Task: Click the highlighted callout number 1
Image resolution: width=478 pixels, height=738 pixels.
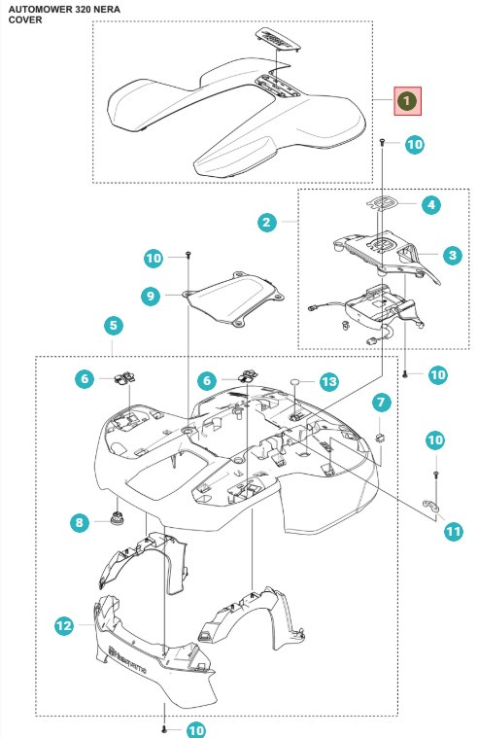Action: click(x=407, y=99)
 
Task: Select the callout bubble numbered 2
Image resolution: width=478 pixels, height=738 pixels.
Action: click(x=266, y=223)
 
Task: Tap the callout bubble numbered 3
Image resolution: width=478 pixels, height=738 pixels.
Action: click(x=452, y=256)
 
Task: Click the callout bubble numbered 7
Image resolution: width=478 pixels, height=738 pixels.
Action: click(x=380, y=402)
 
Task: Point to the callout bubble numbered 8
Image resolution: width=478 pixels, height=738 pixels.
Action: click(x=80, y=523)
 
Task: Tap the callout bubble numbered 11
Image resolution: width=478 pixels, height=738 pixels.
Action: click(x=453, y=531)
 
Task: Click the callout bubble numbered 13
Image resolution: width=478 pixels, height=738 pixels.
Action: click(x=329, y=382)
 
